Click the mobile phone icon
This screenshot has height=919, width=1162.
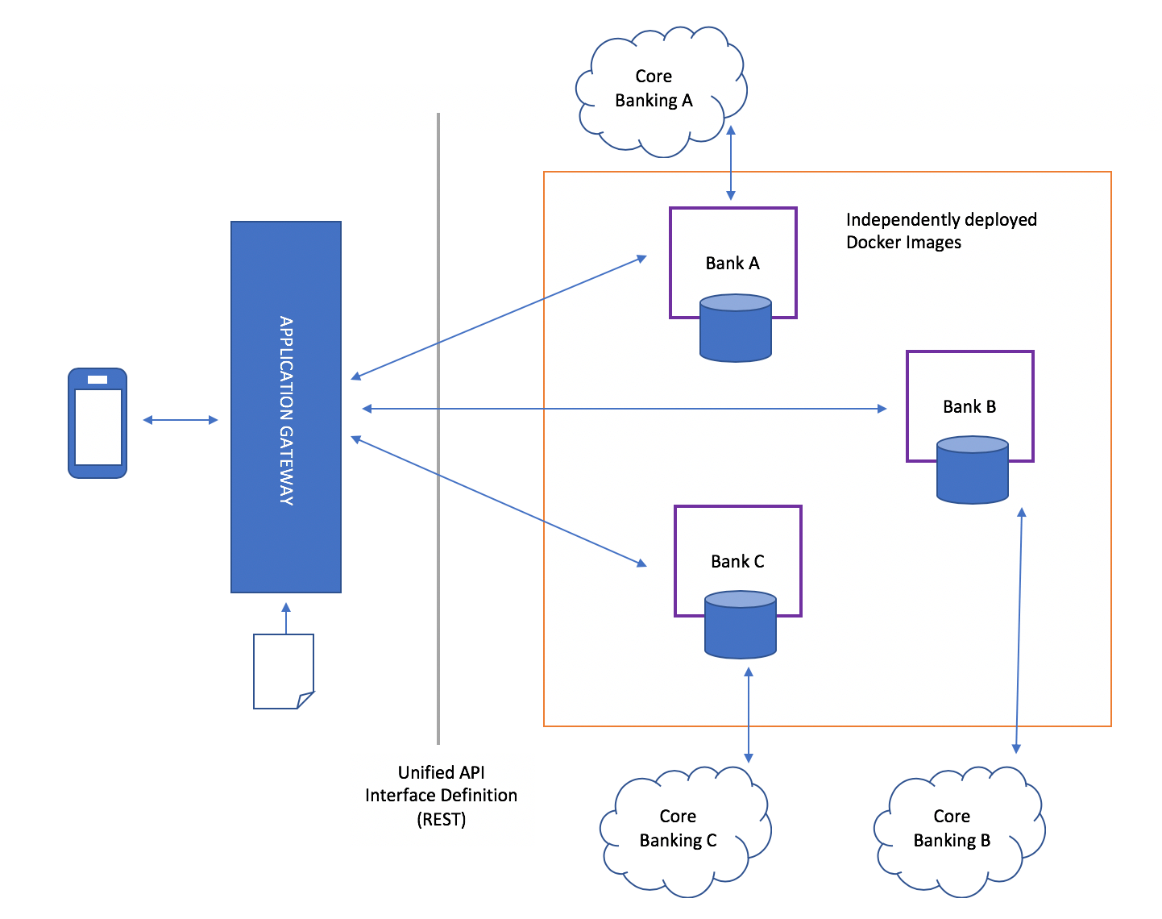pyautogui.click(x=98, y=423)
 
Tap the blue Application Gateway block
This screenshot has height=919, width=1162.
pyautogui.click(x=286, y=407)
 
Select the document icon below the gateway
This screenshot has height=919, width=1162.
pyautogui.click(x=283, y=672)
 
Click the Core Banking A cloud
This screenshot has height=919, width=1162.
pyautogui.click(x=654, y=89)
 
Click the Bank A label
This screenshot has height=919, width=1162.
pyautogui.click(x=732, y=264)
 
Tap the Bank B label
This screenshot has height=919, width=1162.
pyautogui.click(x=969, y=407)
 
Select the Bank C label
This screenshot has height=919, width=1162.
pyautogui.click(x=737, y=562)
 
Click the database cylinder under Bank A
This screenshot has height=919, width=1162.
pyautogui.click(x=736, y=330)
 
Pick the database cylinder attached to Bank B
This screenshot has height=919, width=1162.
pyautogui.click(x=973, y=472)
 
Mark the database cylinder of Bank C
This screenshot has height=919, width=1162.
pyautogui.click(x=741, y=626)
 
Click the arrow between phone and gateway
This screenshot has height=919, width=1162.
pyautogui.click(x=181, y=420)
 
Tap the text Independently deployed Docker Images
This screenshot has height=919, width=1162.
pyautogui.click(x=940, y=231)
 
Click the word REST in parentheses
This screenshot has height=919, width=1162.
pyautogui.click(x=442, y=820)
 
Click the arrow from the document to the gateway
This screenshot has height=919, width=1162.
pyautogui.click(x=285, y=618)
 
